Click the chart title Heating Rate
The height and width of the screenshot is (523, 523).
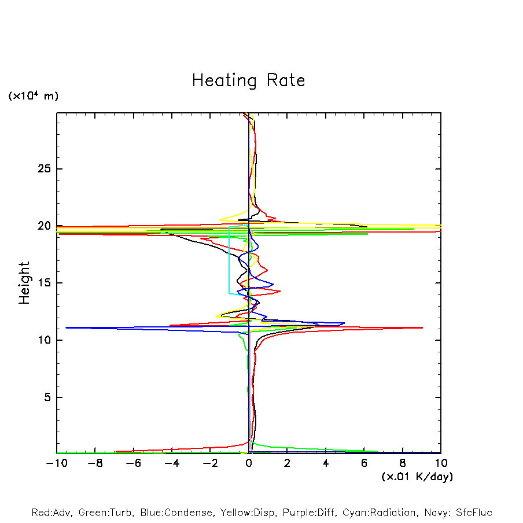(x=248, y=80)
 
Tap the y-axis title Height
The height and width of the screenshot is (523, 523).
(x=24, y=283)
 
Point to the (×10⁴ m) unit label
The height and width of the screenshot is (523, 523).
(x=33, y=96)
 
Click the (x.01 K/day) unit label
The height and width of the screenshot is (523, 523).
(x=417, y=477)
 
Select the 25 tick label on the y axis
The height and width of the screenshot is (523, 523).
(x=42, y=169)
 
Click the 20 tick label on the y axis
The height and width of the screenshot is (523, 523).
(x=42, y=226)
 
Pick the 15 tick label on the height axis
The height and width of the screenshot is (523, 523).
(x=42, y=283)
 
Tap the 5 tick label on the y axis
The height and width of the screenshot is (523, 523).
(x=46, y=397)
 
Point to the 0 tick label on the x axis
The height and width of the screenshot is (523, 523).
(x=249, y=463)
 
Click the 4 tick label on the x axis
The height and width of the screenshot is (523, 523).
(x=326, y=463)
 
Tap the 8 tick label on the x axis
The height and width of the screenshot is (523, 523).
(x=403, y=463)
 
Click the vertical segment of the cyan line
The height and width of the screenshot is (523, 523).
(x=229, y=260)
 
